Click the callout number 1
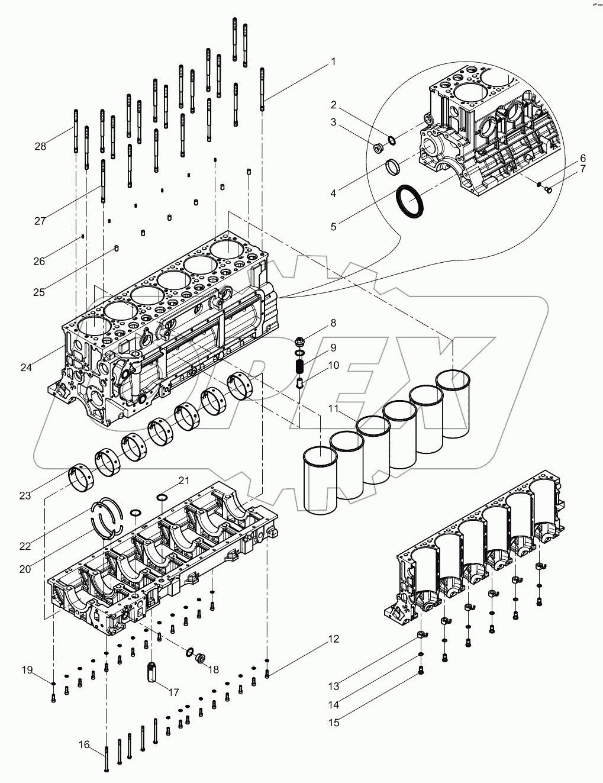click(x=333, y=62)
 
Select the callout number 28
click(x=40, y=146)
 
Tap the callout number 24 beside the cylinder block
click(x=26, y=368)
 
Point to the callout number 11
click(x=333, y=409)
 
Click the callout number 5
click(x=333, y=227)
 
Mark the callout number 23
click(x=25, y=495)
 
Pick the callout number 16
click(x=84, y=745)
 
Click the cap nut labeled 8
click(x=301, y=341)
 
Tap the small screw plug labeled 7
click(x=547, y=189)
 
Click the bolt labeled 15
click(x=421, y=671)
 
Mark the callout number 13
click(x=334, y=686)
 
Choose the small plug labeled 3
click(x=375, y=146)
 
